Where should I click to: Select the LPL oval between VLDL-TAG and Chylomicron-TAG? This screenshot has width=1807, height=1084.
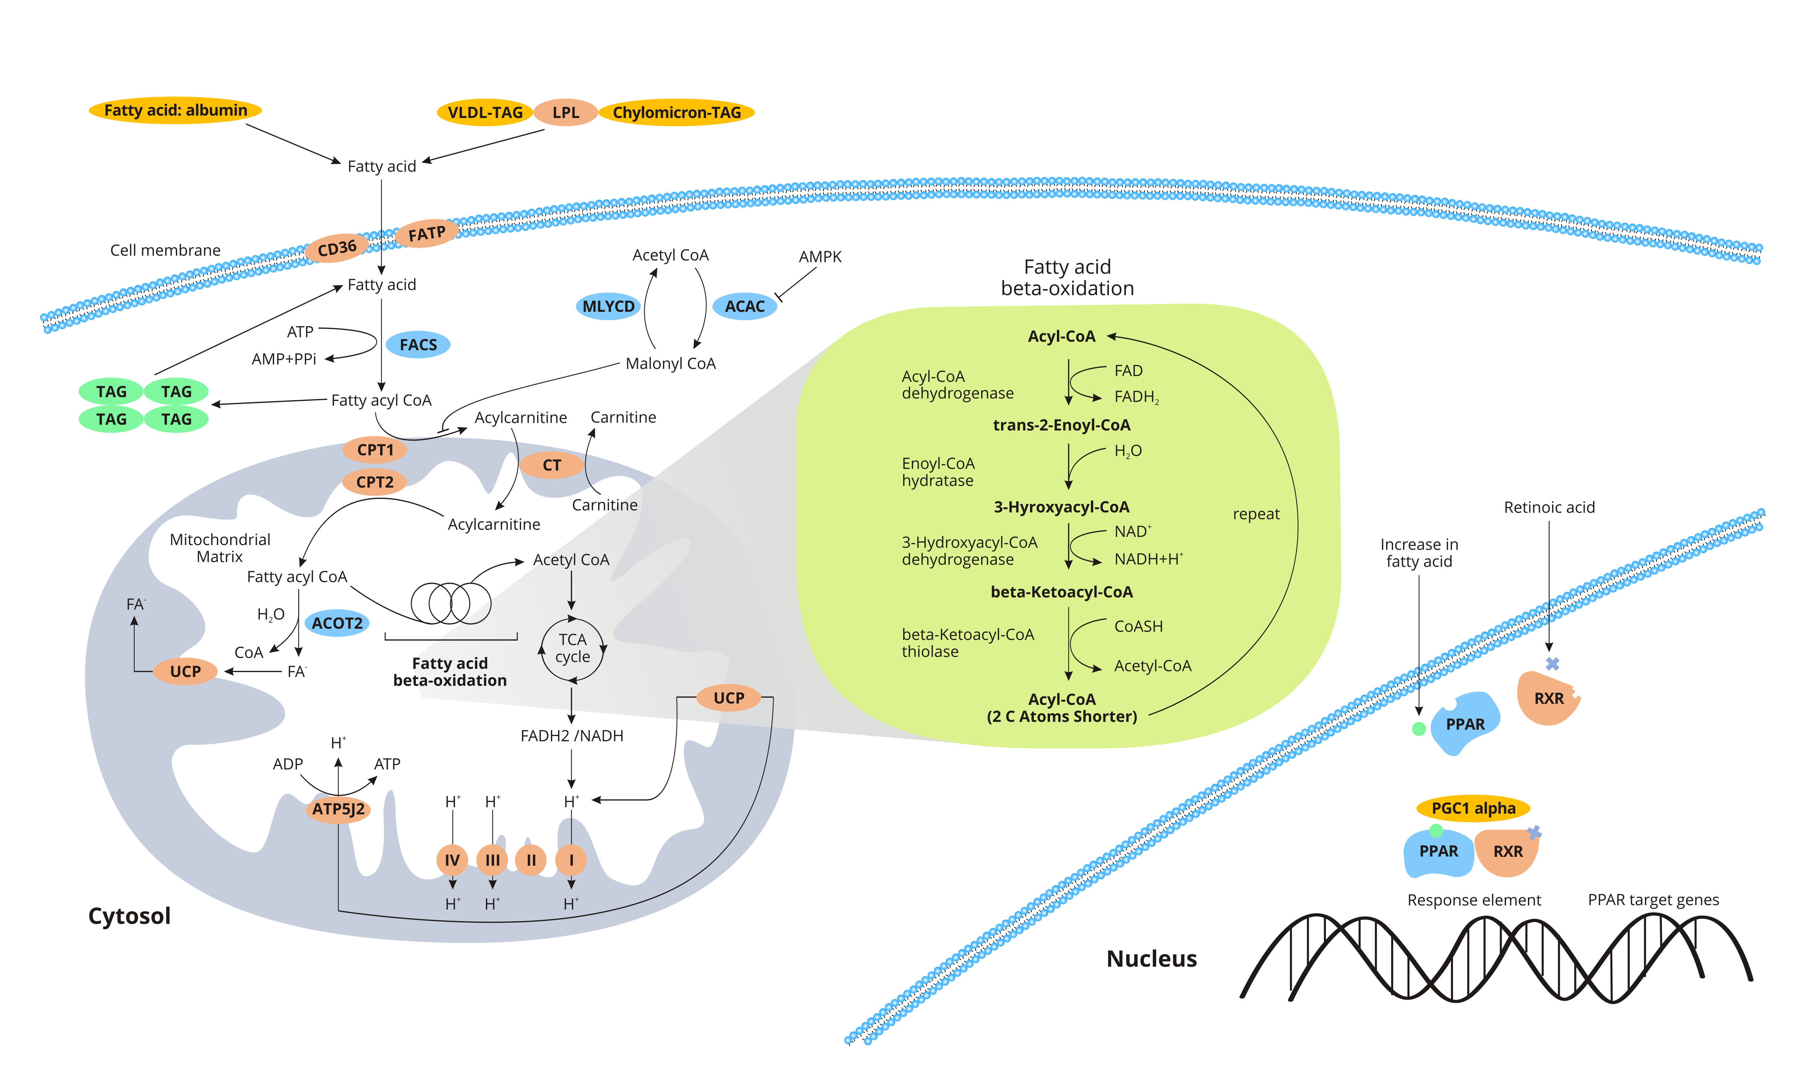click(565, 113)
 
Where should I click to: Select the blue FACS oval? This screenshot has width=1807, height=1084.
click(418, 345)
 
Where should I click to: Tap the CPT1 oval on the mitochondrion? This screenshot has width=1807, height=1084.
click(375, 450)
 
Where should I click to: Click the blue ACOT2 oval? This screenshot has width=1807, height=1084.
click(337, 623)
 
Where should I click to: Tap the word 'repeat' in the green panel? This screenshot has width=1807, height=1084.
click(1255, 514)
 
